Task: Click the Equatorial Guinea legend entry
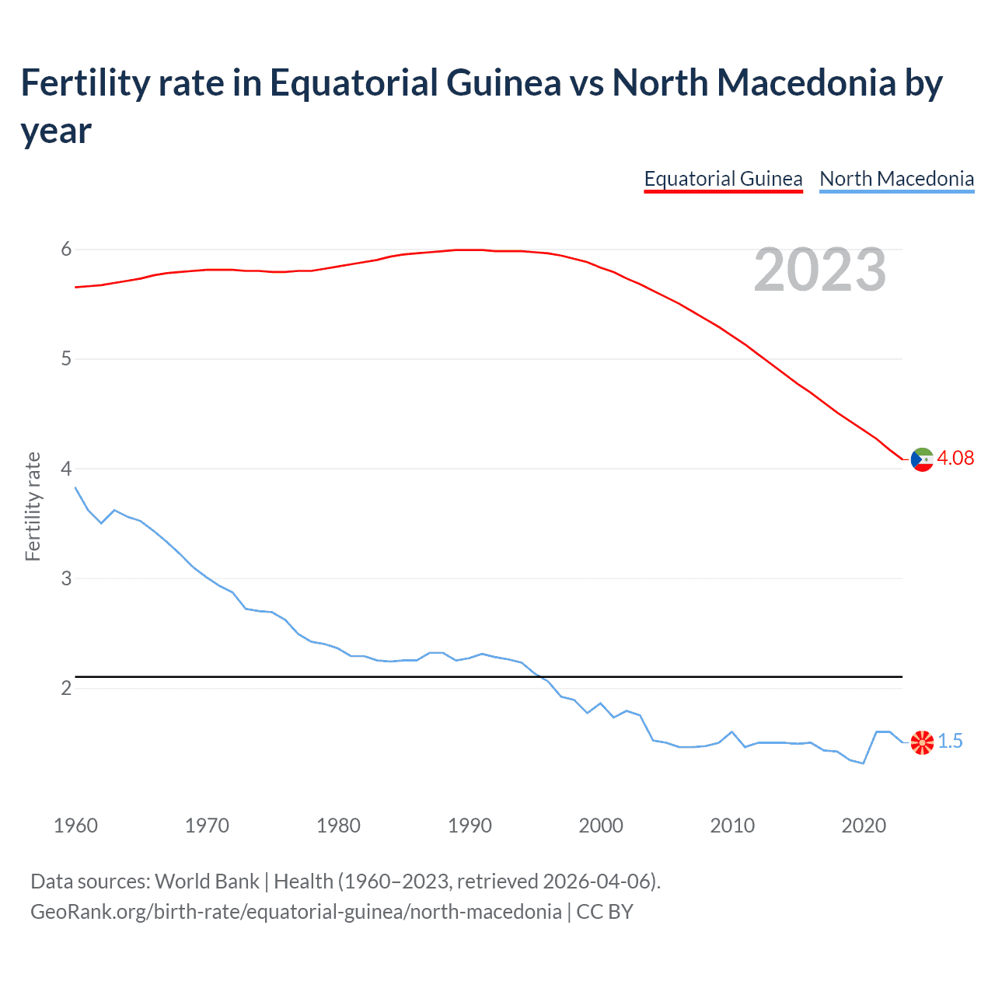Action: [x=723, y=179]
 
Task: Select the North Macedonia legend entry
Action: [x=896, y=179]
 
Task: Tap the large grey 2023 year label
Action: [x=820, y=270]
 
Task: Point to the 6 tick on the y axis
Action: [x=66, y=250]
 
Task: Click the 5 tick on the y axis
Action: [x=66, y=359]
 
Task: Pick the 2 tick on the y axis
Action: [x=66, y=688]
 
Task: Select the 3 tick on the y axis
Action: [x=66, y=578]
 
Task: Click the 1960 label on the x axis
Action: [x=75, y=826]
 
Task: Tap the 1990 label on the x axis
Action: [x=470, y=826]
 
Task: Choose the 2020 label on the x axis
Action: [x=864, y=826]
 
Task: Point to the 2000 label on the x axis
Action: [x=601, y=826]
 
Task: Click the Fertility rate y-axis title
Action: [x=33, y=507]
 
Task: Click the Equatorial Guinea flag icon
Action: [x=922, y=459]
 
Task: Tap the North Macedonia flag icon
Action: [x=922, y=742]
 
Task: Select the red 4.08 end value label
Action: [x=955, y=458]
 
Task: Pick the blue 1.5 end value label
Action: [x=950, y=742]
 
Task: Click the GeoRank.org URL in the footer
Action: [x=295, y=911]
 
